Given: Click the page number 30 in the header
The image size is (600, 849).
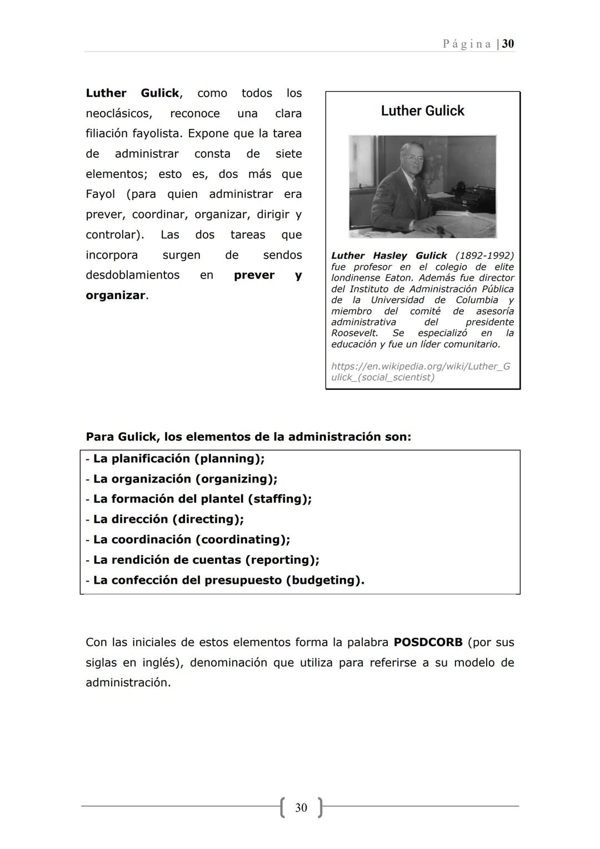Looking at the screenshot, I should pyautogui.click(x=508, y=44).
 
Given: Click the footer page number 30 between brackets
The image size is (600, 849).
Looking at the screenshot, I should pyautogui.click(x=301, y=807).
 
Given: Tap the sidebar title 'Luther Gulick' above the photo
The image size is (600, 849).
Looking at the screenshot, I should pyautogui.click(x=422, y=111).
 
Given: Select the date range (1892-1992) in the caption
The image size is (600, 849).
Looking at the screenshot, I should pyautogui.click(x=484, y=256).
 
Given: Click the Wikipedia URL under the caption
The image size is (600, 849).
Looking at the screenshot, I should pyautogui.click(x=420, y=372).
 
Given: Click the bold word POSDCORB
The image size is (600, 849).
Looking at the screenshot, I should pyautogui.click(x=428, y=643).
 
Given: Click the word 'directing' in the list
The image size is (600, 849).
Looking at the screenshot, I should pyautogui.click(x=208, y=519).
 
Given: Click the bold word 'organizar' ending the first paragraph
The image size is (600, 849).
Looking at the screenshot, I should pyautogui.click(x=115, y=296).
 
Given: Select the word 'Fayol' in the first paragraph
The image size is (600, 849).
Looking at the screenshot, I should pyautogui.click(x=100, y=195).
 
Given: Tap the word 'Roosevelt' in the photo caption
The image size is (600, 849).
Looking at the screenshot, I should pyautogui.click(x=354, y=333).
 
